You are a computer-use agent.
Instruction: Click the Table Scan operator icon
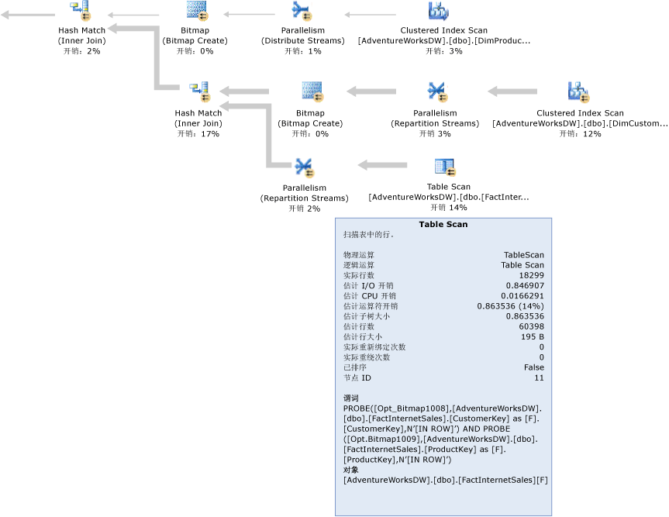click(445, 167)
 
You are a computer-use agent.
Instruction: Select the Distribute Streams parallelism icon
click(302, 11)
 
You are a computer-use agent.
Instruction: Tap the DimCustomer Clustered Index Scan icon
click(579, 92)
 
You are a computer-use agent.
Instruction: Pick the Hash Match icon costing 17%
click(199, 92)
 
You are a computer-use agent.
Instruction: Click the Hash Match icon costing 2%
click(81, 11)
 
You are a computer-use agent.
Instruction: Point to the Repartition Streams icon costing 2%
click(303, 167)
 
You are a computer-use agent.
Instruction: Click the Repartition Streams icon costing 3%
click(436, 92)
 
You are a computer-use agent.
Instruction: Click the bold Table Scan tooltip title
click(443, 225)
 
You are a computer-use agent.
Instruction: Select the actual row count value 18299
click(531, 275)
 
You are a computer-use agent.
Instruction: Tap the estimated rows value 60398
click(531, 326)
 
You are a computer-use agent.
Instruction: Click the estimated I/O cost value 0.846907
click(525, 285)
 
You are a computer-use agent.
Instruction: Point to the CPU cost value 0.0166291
click(522, 295)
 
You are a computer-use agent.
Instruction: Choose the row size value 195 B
click(533, 336)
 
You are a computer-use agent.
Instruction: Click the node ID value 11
click(539, 377)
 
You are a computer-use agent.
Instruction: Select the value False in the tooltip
click(533, 367)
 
